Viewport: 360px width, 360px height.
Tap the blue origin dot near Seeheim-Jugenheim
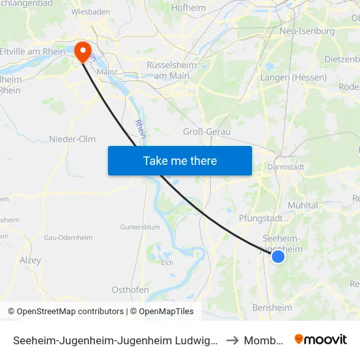tap(278, 257)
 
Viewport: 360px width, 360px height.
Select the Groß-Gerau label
tap(207, 132)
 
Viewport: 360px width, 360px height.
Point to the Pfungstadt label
tap(261, 218)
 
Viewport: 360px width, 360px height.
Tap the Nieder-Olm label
tap(72, 139)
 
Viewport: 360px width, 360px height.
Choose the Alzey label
tap(30, 261)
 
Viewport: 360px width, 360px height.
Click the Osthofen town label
tap(130, 290)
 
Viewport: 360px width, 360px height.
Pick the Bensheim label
tap(272, 308)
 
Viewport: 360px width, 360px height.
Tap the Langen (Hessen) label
tap(293, 77)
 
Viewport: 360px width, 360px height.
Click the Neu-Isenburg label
tap(306, 31)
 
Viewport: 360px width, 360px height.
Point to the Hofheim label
tap(189, 9)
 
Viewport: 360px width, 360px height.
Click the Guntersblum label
tap(139, 227)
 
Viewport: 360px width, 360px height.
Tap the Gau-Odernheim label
tap(62, 237)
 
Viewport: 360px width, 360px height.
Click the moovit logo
tap(321, 340)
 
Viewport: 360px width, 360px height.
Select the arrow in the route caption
tap(232, 340)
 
